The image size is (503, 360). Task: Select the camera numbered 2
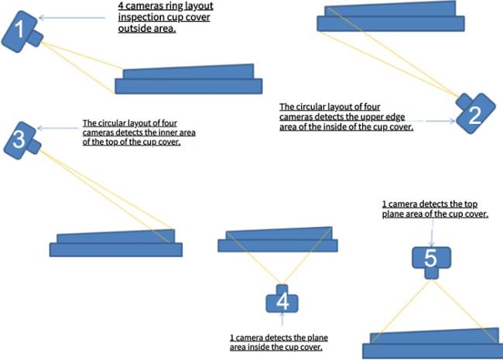(x=475, y=113)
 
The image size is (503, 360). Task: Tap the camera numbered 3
(x=21, y=141)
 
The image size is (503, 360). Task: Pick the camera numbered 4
(x=282, y=300)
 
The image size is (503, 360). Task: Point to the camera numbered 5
(x=432, y=261)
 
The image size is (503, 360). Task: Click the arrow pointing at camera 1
(x=72, y=18)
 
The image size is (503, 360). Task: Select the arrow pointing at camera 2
(x=440, y=121)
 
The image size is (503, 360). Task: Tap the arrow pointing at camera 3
(x=58, y=129)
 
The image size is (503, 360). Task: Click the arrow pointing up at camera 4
(x=282, y=319)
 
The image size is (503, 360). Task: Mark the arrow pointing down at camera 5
(x=432, y=233)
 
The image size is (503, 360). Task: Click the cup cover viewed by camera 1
(x=189, y=79)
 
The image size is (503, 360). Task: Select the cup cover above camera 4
(x=278, y=239)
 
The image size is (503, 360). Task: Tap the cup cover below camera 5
(x=433, y=343)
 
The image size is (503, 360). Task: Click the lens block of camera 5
(x=432, y=273)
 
